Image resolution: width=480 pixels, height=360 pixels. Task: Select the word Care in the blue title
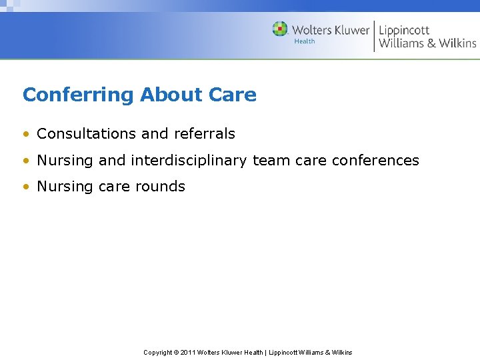(232, 95)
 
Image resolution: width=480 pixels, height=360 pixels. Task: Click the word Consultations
(87, 133)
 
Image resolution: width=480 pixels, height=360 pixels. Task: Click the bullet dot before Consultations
(26, 134)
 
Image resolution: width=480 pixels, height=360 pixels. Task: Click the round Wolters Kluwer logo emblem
(280, 29)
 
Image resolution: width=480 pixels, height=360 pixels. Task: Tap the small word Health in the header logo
(305, 41)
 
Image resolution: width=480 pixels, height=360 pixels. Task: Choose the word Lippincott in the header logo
(404, 30)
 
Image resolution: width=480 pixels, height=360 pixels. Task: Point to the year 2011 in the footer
(186, 352)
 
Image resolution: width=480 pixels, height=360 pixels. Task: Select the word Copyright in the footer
(157, 352)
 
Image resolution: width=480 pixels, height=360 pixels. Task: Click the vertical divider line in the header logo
(374, 36)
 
